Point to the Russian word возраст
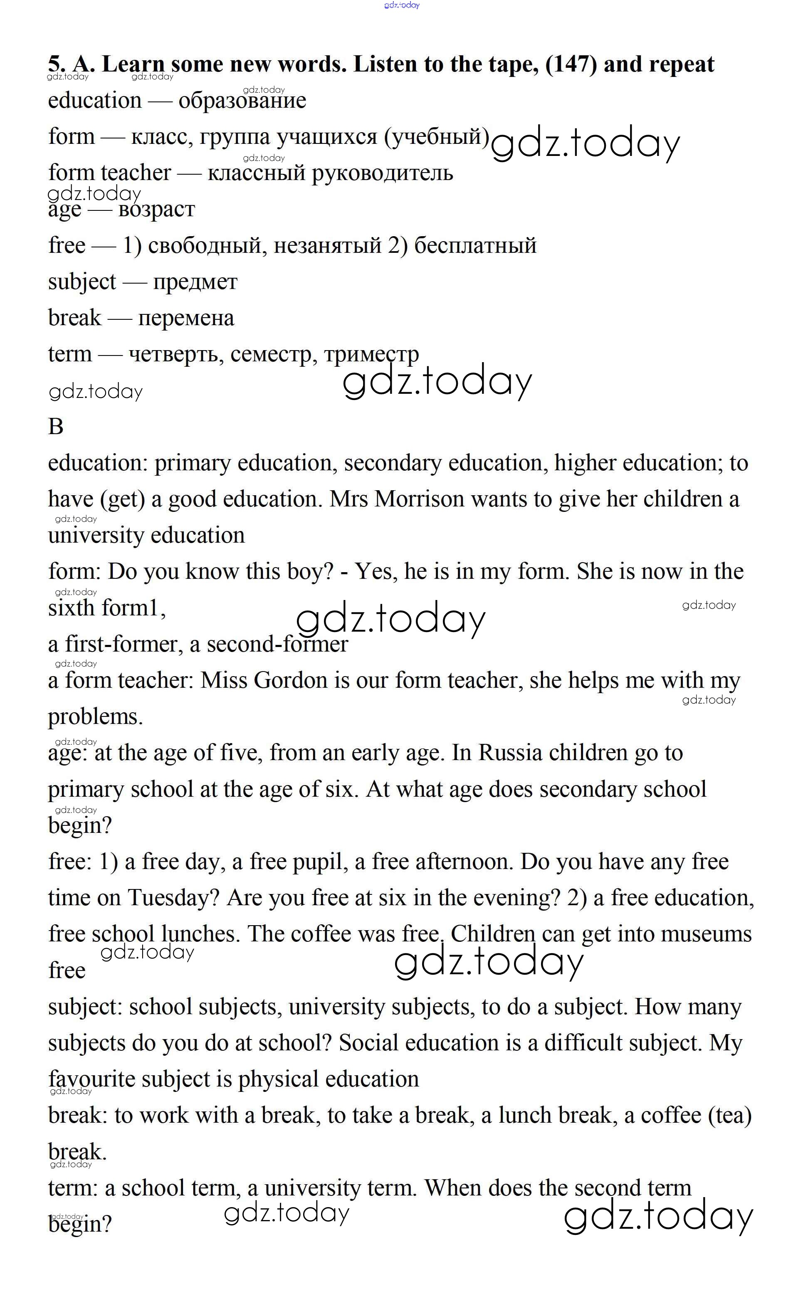[157, 210]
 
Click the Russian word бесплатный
[475, 246]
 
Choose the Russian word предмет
[195, 282]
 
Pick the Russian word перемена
[186, 318]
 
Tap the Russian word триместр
[371, 354]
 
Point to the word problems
[95, 717]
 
